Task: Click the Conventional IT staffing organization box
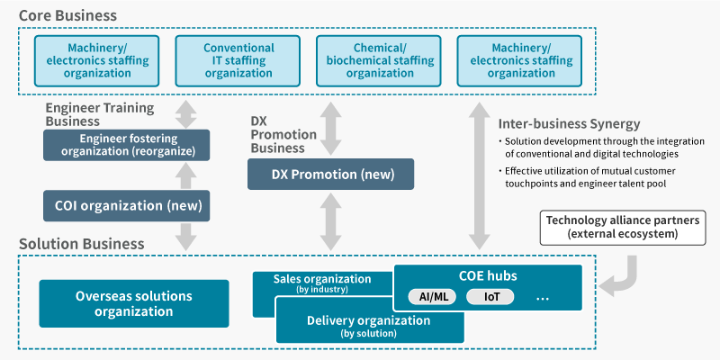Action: pos(238,60)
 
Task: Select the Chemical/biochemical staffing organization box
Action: pos(378,60)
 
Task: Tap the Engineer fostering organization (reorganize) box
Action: pos(126,145)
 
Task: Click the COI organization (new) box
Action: pos(126,206)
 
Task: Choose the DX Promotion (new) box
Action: pos(330,175)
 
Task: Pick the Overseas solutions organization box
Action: pos(134,303)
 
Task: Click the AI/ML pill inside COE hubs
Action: pos(432,297)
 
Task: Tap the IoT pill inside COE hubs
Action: pos(490,297)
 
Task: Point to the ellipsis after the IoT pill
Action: pos(543,299)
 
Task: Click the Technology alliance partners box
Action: pos(623,228)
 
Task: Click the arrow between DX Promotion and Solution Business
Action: pos(330,222)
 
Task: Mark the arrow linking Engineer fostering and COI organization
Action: pos(186,175)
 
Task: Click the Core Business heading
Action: pos(68,15)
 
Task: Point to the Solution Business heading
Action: pos(82,243)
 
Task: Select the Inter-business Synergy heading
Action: pos(569,123)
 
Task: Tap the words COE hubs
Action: pos(488,276)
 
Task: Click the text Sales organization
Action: pos(322,279)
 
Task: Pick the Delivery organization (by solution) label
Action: pos(369,326)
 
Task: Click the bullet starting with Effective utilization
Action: pos(588,177)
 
